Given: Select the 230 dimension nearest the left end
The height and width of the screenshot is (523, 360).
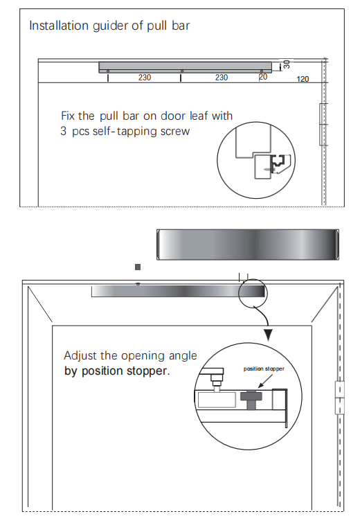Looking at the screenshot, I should click(x=144, y=78).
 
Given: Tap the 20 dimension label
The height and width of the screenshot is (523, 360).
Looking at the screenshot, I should click(x=262, y=78).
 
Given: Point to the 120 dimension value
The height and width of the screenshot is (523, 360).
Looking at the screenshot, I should click(x=303, y=79).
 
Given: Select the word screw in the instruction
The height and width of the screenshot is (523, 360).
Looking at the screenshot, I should click(x=173, y=130).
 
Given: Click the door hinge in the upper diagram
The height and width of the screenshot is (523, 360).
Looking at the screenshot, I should click(x=322, y=124).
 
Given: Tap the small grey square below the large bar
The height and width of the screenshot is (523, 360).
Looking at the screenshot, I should click(x=138, y=266).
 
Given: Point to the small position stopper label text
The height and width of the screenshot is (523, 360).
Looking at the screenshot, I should click(x=264, y=369).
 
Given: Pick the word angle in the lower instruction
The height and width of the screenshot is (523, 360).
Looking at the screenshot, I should click(x=182, y=355).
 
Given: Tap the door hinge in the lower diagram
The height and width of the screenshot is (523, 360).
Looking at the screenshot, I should click(x=339, y=398).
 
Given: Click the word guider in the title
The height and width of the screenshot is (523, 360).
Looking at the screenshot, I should click(x=109, y=26).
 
